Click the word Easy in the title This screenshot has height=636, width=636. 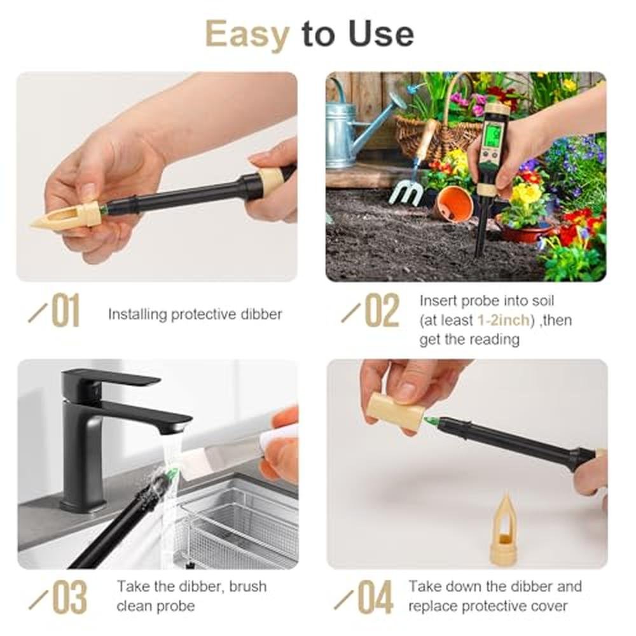pos(247,35)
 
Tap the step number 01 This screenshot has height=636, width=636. pos(66,311)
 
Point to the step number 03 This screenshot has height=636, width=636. pos(70,597)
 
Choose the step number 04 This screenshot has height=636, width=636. pos(376,597)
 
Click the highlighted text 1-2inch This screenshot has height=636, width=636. pos(504,320)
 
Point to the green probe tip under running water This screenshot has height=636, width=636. pos(171,473)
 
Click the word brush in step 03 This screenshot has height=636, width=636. pos(247,586)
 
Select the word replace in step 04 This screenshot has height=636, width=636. pos(432,606)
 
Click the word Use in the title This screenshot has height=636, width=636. pos(381,34)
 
